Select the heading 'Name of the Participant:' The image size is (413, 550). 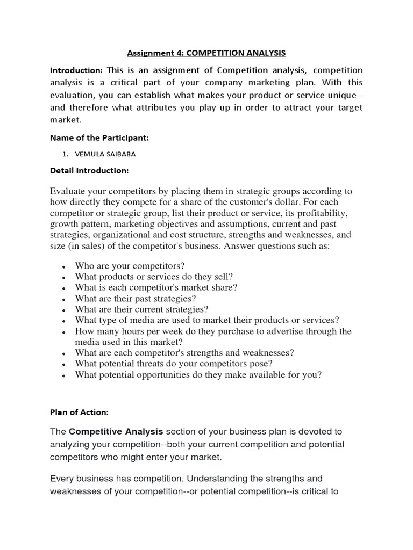coord(99,138)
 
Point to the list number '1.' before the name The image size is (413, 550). coord(65,154)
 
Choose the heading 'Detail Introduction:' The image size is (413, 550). coord(89,170)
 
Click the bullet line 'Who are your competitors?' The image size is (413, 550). coord(130,266)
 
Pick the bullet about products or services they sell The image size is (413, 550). coord(154,277)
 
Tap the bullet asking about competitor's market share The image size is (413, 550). coord(156,287)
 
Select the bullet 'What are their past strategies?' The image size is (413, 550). coord(136,298)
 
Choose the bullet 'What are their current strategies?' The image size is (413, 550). coord(141,309)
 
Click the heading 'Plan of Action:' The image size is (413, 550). coord(79,412)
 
